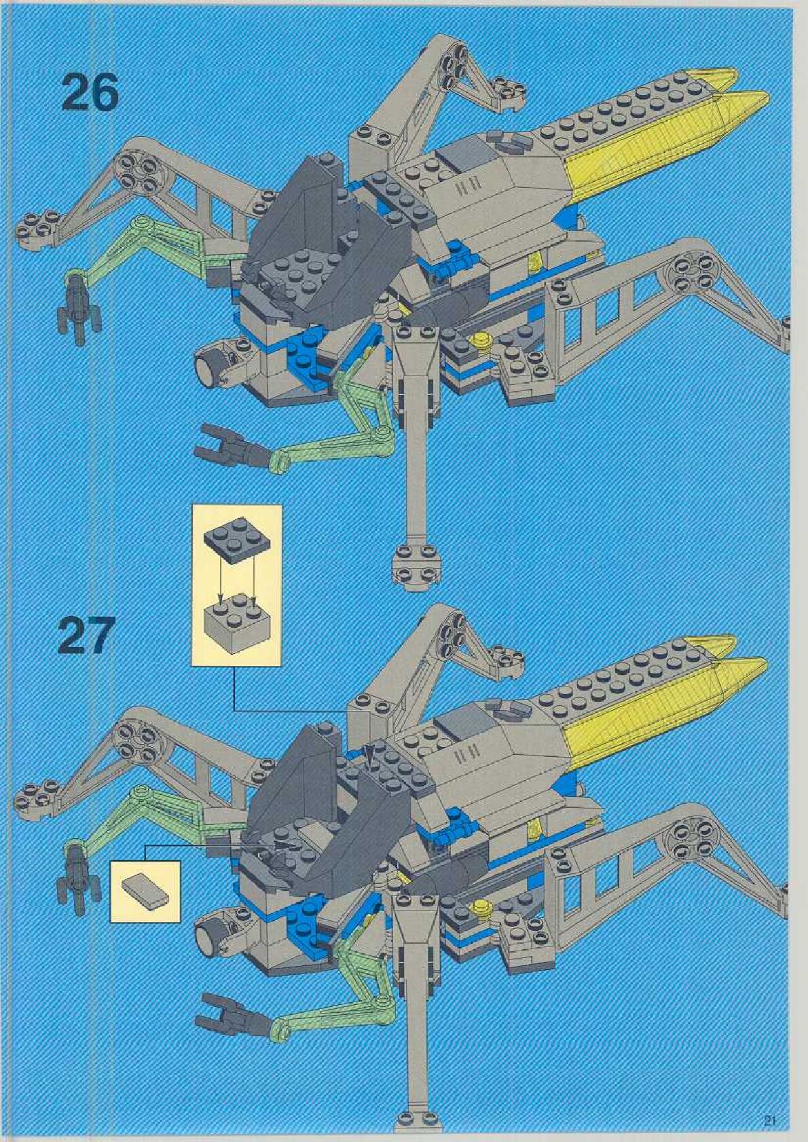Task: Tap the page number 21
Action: [769, 1120]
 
